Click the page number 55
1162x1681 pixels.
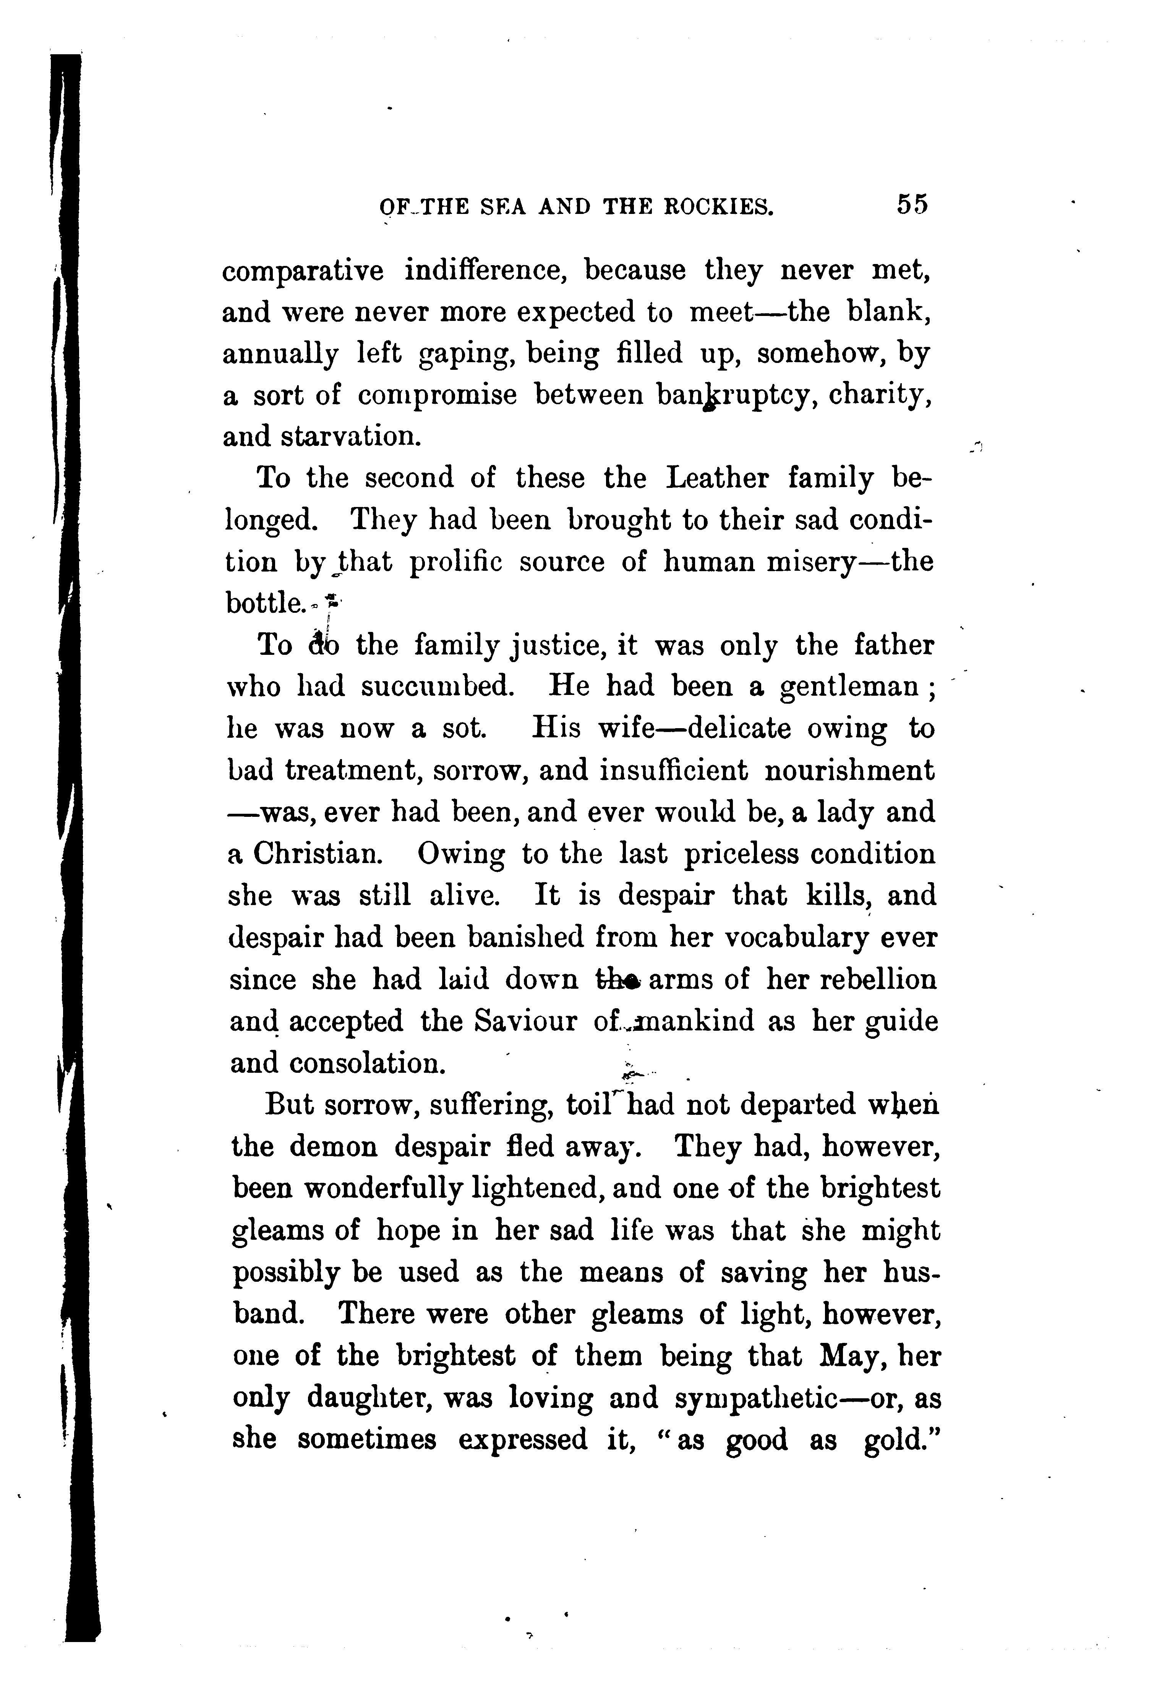pyautogui.click(x=912, y=204)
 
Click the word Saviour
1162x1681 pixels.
pyautogui.click(x=524, y=1022)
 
